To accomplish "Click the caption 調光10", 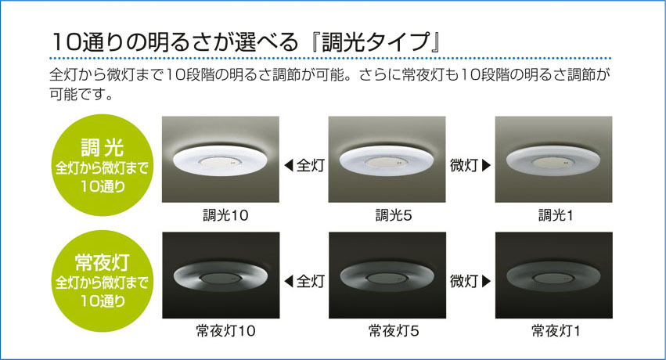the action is pos(225,216).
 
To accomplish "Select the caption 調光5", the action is pos(394,216).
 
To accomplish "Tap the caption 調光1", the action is pos(556,216).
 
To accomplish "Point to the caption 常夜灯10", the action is pos(225,331).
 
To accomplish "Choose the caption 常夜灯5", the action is pos(394,331).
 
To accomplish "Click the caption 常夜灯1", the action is pos(556,331).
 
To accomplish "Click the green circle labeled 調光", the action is pos(103,164).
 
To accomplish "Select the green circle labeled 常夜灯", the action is pos(103,281).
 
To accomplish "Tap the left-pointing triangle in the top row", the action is pos(289,165).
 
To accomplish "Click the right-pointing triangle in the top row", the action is pos(486,165).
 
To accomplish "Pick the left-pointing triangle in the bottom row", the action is pos(289,281).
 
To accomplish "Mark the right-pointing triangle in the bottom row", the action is pos(486,281).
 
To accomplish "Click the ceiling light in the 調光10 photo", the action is pos(220,161).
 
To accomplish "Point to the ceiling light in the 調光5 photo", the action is pos(387,161).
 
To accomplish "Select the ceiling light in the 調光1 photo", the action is pos(553,161).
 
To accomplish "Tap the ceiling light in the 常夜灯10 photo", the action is pos(221,277).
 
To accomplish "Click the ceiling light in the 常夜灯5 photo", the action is pos(387,277).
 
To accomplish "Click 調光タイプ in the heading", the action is pos(376,42).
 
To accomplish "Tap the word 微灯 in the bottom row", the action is pos(464,281).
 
